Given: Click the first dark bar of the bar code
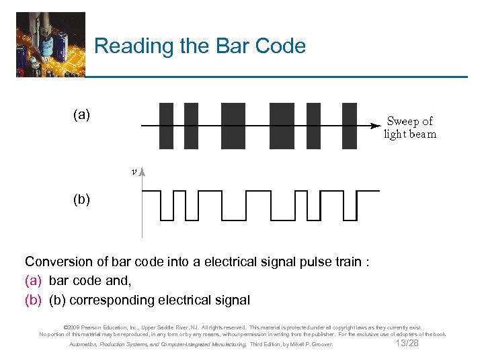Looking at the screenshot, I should [166, 126].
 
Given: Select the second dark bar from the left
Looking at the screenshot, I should [191, 126].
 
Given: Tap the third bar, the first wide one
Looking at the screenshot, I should [233, 126].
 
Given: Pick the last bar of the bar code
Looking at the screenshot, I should [350, 126].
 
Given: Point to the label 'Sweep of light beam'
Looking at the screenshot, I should [410, 127].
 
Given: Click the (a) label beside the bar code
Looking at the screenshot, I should [81, 115].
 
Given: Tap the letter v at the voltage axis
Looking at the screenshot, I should [134, 171].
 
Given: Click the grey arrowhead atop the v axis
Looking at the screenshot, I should [143, 172].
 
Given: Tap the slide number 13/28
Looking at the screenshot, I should [407, 344].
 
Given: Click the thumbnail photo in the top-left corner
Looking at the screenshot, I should [50, 44].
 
